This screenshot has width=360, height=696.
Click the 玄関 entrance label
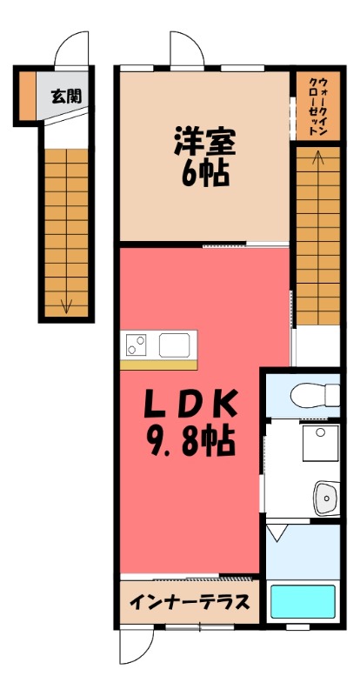pos(66,96)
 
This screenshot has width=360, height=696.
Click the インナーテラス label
pos(190,602)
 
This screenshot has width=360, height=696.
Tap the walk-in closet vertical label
pos(316,104)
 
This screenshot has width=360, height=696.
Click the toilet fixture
pos(317,393)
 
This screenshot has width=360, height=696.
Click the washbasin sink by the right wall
pos(325,498)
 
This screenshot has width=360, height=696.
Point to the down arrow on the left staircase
pos(66,304)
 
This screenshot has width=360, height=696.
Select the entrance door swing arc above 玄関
pos(71,50)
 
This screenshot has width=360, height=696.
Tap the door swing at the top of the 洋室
pos(187,48)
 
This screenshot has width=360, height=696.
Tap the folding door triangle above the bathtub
pos(277,532)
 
